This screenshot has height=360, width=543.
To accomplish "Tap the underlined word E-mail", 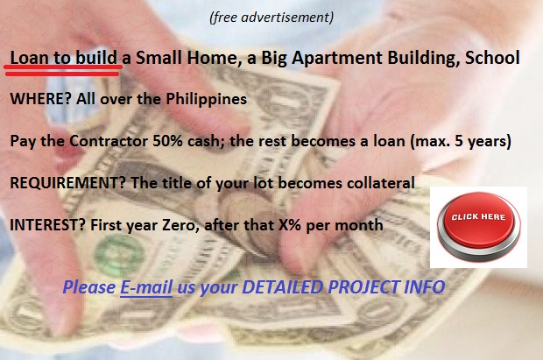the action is click(x=146, y=287).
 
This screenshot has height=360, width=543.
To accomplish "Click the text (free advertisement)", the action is click(x=271, y=17).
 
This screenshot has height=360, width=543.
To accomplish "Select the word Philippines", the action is click(x=207, y=100).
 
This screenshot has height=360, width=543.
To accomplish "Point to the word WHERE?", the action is click(x=41, y=99).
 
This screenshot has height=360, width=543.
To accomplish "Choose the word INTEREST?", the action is click(x=47, y=225).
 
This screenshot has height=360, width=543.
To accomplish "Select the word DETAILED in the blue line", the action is click(x=283, y=287).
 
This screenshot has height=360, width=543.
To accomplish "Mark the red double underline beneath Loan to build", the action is click(x=63, y=70).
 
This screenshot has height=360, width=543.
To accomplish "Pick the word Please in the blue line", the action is click(x=89, y=287).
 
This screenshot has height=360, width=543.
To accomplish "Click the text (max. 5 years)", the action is click(x=461, y=141).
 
